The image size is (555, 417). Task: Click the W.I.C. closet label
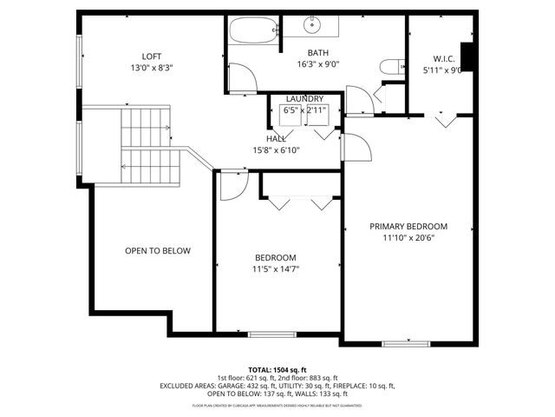[433, 59]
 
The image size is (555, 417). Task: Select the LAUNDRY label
[304, 100]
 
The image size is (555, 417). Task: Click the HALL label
[276, 139]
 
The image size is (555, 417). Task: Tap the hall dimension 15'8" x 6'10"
[276, 150]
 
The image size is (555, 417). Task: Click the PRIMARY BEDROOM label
[408, 226]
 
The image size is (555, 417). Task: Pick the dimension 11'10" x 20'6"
[408, 238]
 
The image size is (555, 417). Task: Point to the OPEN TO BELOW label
[157, 251]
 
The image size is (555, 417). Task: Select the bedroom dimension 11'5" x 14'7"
[275, 269]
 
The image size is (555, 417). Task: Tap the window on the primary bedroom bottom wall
[406, 344]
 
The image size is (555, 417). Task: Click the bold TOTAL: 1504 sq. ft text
[277, 369]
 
